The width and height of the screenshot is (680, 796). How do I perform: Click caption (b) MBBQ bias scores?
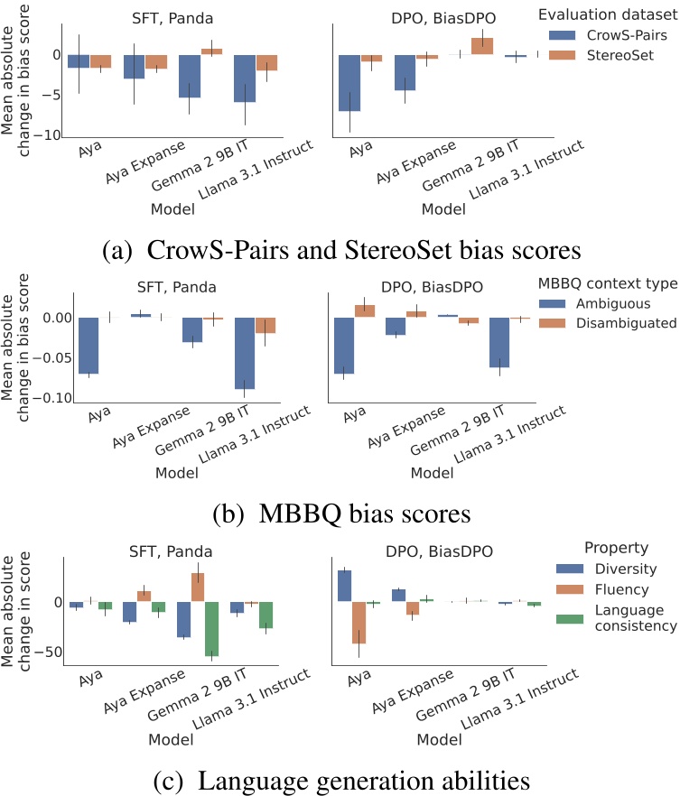[x=341, y=514]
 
